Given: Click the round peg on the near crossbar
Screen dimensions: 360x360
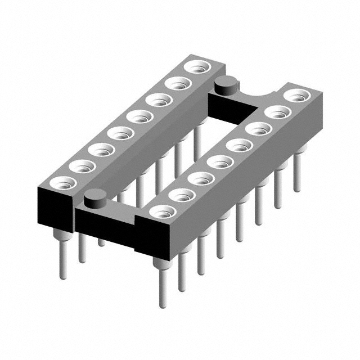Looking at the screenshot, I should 96,198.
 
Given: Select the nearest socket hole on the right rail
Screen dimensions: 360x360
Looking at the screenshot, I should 163,212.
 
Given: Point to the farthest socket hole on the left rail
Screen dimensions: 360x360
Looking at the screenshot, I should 196,67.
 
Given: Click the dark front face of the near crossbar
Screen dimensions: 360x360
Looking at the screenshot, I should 107,231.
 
